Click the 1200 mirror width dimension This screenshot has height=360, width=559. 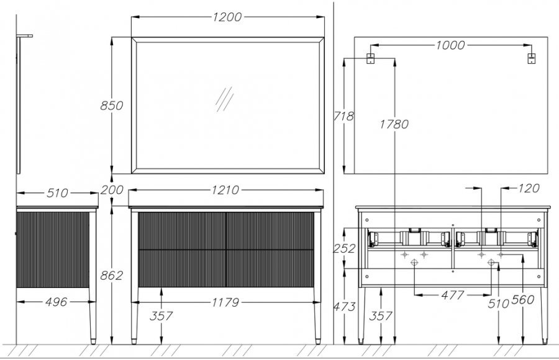[x=227, y=17]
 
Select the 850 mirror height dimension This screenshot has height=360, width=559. [x=112, y=106]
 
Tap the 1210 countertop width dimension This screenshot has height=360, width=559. [x=225, y=190]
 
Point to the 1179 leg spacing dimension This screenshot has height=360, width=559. [x=225, y=303]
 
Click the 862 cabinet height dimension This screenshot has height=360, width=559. [x=112, y=276]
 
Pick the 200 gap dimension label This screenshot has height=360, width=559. [x=112, y=190]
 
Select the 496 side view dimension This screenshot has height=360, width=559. [x=57, y=302]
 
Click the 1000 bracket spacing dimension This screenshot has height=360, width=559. [x=450, y=45]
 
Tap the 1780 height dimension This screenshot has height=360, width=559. [x=394, y=124]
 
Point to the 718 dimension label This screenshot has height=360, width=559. [x=343, y=116]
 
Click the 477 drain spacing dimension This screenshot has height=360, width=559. [x=452, y=295]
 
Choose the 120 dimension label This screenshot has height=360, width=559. [x=529, y=188]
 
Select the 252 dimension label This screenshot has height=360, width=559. [x=344, y=248]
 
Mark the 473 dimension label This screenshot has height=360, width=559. [x=344, y=307]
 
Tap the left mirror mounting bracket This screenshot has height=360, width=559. [x=371, y=58]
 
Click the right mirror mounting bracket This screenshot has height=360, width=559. [x=531, y=58]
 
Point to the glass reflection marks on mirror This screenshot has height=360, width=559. [x=225, y=99]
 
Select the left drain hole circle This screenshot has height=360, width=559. [x=414, y=263]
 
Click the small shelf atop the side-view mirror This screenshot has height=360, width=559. [x=25, y=36]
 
